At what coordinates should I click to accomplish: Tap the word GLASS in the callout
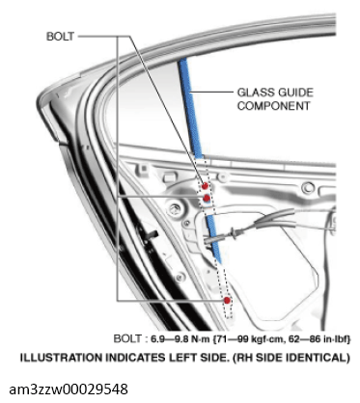[254, 94]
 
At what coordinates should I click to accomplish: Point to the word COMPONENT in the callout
[275, 106]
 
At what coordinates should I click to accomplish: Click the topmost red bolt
[204, 185]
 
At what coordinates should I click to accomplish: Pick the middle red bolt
[207, 198]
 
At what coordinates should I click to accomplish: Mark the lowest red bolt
[227, 302]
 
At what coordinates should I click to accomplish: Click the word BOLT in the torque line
[127, 339]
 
